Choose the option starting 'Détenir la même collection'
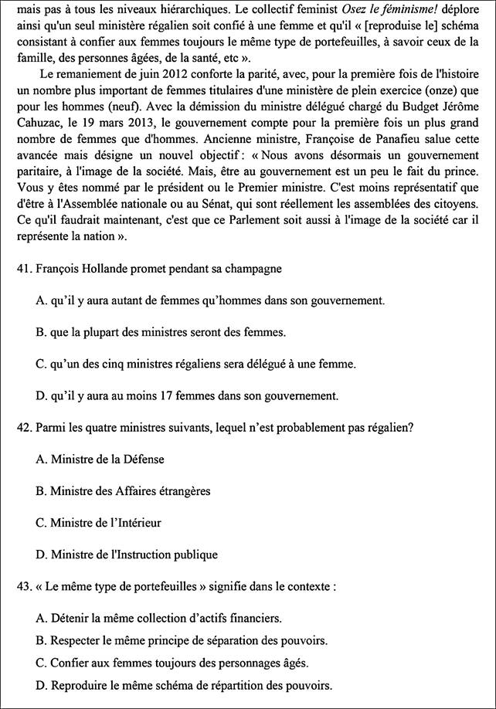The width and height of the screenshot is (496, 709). click(166, 618)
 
